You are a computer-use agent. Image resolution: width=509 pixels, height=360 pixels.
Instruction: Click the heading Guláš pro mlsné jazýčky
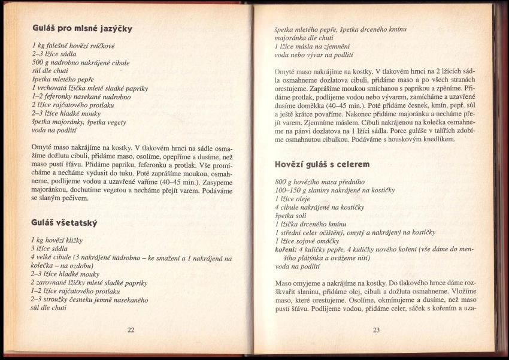[x=82, y=28]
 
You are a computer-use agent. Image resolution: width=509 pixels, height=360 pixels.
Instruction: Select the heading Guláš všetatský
[x=64, y=223]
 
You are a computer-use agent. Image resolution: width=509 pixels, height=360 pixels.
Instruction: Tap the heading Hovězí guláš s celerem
[x=322, y=164]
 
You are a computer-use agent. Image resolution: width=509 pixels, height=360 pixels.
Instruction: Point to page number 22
[x=131, y=329]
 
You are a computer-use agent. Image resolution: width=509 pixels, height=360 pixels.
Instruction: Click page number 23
[x=376, y=329]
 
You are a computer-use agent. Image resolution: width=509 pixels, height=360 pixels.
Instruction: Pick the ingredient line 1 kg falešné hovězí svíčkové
[x=71, y=46]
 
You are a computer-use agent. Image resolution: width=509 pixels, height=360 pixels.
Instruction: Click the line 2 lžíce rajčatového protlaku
[x=73, y=104]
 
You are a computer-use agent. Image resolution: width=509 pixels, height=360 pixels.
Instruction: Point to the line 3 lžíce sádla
[x=50, y=248]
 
